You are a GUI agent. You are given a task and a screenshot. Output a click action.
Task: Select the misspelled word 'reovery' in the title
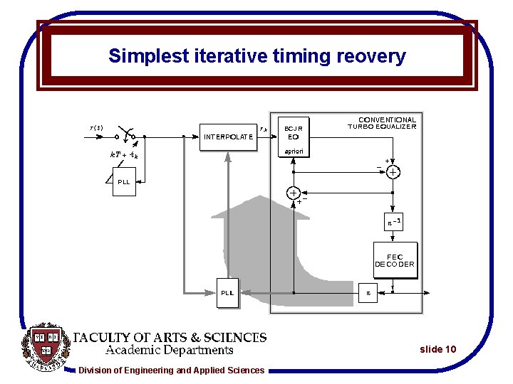coord(370,56)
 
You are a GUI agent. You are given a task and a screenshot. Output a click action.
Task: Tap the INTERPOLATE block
coord(228,137)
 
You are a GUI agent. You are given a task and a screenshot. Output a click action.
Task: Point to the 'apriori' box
coord(293,151)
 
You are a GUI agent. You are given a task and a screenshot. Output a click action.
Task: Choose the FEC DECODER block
coord(395,260)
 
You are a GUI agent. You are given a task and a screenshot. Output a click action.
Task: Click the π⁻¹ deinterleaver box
coord(395,223)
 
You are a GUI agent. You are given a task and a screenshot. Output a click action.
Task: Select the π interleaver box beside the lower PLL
coord(368,292)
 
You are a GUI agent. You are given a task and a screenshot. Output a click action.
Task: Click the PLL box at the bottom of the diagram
coord(227,292)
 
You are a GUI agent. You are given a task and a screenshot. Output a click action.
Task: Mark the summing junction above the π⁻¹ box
coord(393,171)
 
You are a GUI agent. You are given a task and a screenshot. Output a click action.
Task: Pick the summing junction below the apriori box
coord(293,193)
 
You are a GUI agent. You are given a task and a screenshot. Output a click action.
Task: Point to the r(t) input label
coord(96,128)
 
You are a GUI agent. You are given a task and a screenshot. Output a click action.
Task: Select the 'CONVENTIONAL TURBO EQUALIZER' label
coord(383,123)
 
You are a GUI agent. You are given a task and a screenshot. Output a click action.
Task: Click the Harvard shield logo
coord(48,349)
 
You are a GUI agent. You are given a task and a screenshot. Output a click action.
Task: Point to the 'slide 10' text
coord(437,349)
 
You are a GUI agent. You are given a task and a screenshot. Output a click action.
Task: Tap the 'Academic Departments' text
coord(170,350)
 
